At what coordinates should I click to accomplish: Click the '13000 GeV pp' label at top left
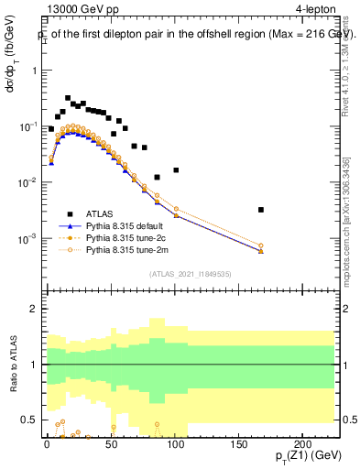tap(75, 11)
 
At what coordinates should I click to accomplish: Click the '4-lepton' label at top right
tap(316, 11)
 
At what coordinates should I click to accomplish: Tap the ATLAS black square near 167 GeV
tap(261, 210)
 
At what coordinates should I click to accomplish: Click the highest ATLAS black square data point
tap(68, 98)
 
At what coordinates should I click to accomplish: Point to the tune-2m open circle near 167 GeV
tap(261, 245)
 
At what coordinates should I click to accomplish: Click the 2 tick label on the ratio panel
tap(33, 309)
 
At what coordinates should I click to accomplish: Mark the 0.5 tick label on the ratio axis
tap(29, 420)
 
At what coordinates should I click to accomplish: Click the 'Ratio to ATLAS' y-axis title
tap(12, 363)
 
